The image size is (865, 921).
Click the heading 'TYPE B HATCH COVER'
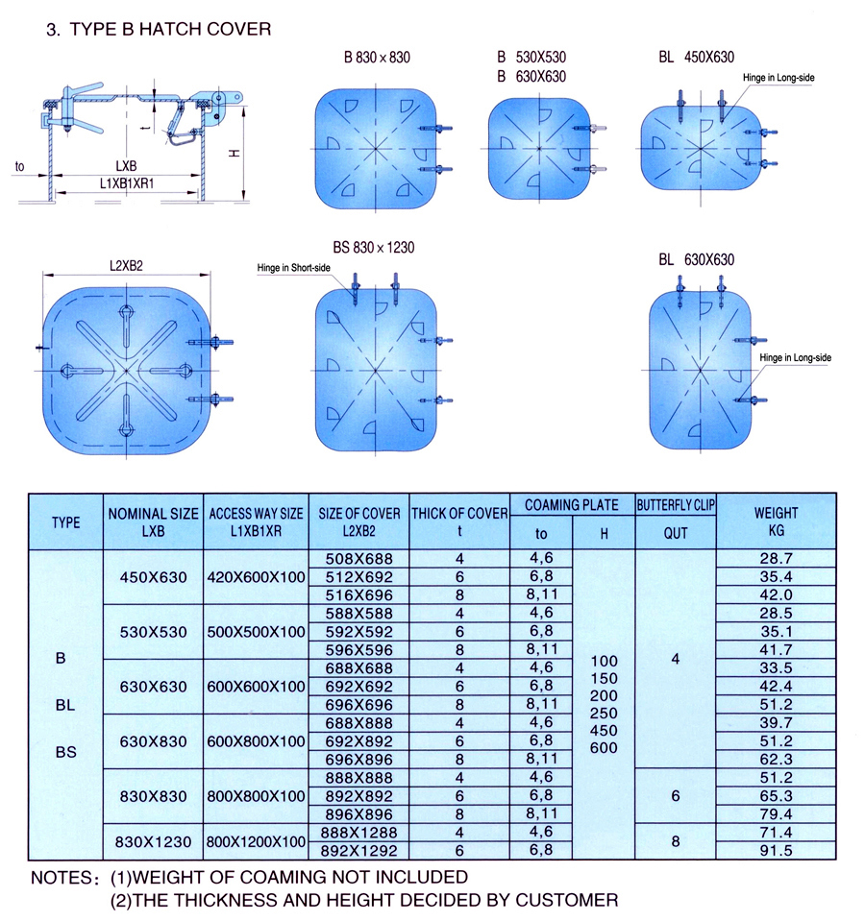coord(170,30)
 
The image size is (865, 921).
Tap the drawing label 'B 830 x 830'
coord(378,58)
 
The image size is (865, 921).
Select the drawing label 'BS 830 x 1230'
coord(374,248)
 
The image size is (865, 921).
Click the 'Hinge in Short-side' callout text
coord(293,268)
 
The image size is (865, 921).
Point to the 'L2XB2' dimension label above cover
coord(126,266)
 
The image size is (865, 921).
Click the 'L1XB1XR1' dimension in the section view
coord(126,183)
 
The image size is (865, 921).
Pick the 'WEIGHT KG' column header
coord(777,521)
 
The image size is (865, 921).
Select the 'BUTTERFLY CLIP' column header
coord(676,505)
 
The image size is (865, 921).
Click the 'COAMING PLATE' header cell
coord(572,505)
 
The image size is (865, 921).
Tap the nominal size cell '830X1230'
coord(154,842)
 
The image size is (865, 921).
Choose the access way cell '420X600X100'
coord(257,577)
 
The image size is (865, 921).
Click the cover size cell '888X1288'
coord(359,833)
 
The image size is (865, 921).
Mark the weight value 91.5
coord(777,851)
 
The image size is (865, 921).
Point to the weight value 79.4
coord(777,814)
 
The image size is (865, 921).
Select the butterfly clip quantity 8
coord(676,841)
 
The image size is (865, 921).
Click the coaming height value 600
coord(605,748)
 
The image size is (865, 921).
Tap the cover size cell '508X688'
coord(359,559)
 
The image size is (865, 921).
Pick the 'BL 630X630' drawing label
coord(697,260)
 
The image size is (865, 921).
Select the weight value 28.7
coord(777,559)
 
